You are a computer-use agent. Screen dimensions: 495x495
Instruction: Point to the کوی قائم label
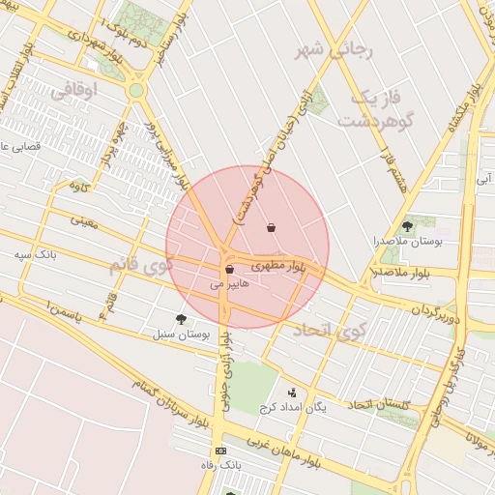pos(141,263)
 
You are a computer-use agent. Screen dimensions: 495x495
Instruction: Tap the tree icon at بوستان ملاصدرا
pos(406,226)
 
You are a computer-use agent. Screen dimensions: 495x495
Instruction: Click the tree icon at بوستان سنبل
pos(181,318)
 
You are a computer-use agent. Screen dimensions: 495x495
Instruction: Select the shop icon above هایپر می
pos(229,270)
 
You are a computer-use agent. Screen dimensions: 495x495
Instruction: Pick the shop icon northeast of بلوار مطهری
pos(270,228)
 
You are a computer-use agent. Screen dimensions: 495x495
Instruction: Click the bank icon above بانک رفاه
pos(221,451)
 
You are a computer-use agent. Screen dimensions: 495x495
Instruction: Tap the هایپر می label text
pos(229,285)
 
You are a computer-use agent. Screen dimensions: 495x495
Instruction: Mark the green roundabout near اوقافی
pos(136,91)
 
